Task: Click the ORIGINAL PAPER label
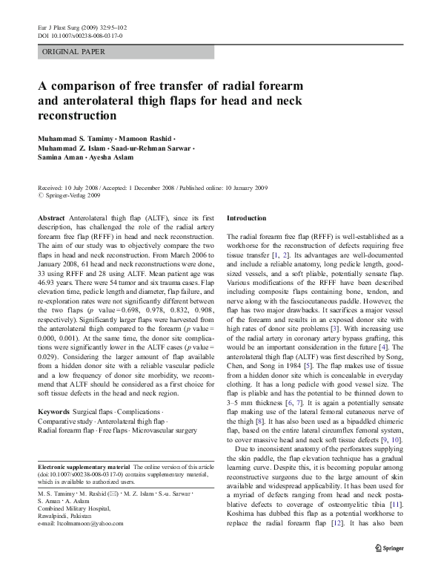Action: pyautogui.click(x=73, y=52)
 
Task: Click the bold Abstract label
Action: pyautogui.click(x=50, y=218)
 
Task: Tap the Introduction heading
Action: pyautogui.click(x=245, y=218)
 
